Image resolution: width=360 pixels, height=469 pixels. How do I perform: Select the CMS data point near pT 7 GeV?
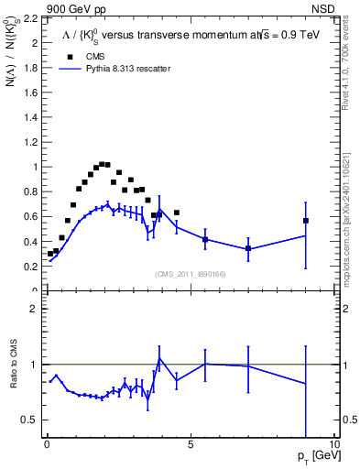[x=248, y=248]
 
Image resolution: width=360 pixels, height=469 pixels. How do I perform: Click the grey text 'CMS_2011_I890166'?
[x=190, y=273]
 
